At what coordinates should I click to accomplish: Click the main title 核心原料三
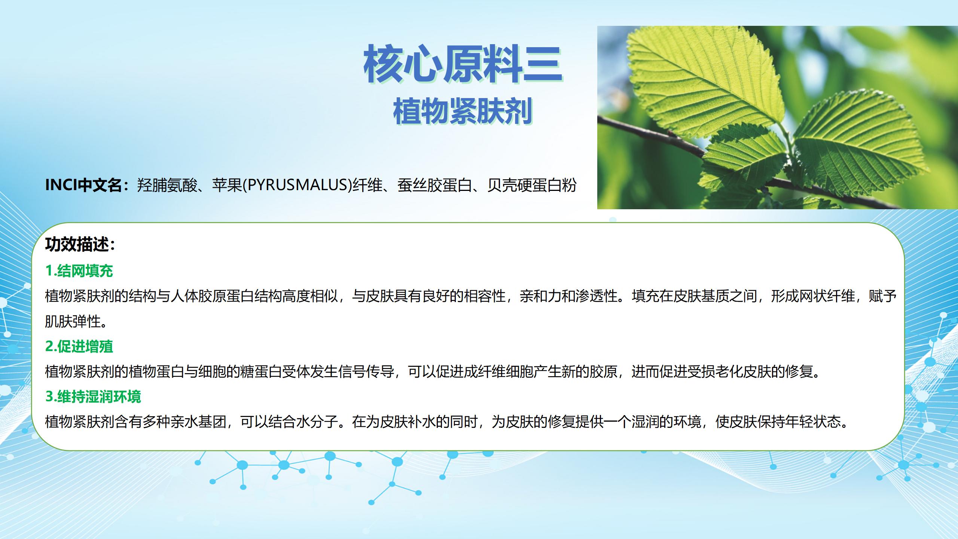pos(463,64)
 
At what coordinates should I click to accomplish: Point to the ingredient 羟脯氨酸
pos(167,185)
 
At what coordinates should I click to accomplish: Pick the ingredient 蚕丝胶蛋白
pos(434,185)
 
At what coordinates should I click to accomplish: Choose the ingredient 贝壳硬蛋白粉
pos(532,185)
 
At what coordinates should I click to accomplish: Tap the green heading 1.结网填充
pos(79,271)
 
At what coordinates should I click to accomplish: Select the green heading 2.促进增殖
pos(79,346)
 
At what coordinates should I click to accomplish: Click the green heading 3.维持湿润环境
pos(93,396)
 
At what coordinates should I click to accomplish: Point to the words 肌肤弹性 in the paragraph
pos(73,321)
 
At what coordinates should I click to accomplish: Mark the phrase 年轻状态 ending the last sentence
pos(814,422)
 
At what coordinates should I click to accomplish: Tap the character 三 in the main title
pos(543,64)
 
